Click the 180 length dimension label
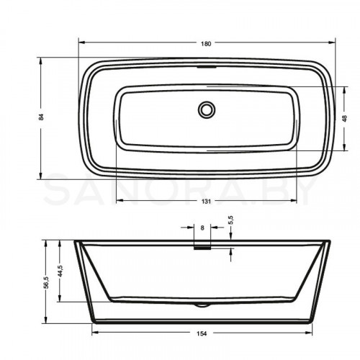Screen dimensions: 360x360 (206, 44)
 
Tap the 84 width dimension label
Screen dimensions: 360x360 (41, 117)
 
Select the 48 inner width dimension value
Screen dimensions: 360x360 (345, 118)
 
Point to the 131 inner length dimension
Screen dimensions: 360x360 (206, 201)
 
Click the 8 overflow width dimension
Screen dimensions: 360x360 (202, 228)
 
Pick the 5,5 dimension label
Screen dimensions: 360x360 (231, 220)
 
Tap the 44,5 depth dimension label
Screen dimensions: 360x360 (60, 271)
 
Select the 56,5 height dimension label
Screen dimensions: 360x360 (47, 282)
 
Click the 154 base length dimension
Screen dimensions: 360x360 (202, 333)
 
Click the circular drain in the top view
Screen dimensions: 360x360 (207, 109)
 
